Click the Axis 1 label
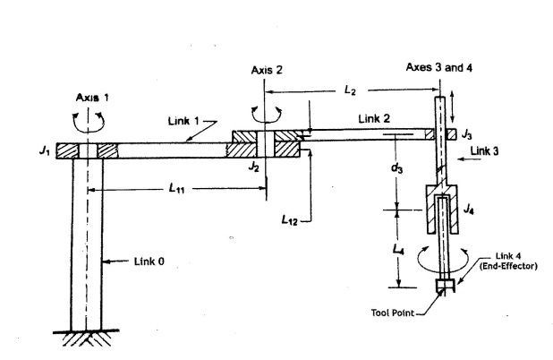92,98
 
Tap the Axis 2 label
267,70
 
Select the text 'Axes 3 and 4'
438,67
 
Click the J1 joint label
44,150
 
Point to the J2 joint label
253,167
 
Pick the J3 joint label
466,134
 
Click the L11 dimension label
176,188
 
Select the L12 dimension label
290,220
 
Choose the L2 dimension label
350,90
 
